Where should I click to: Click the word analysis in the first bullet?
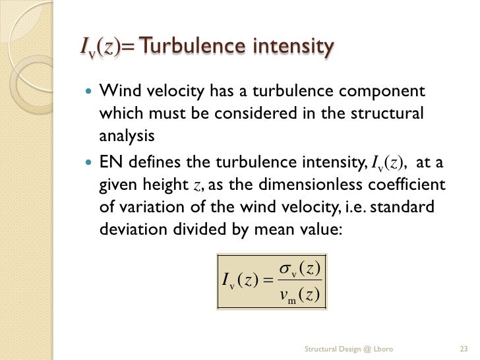(127, 136)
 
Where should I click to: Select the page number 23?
(463, 347)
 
